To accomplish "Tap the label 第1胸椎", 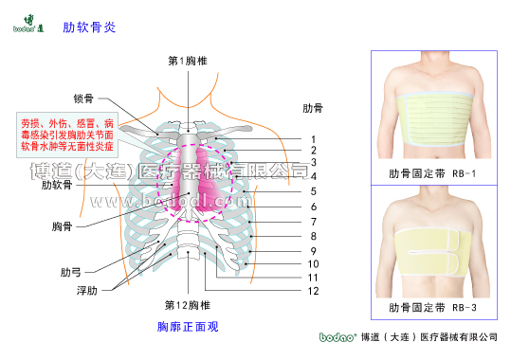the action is tap(188, 61).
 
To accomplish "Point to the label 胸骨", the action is tap(63, 226).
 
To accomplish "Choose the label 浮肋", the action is tap(85, 290).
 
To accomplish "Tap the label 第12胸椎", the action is tap(187, 305).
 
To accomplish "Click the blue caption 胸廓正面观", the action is tap(188, 327).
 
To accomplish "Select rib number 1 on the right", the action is tap(312, 139).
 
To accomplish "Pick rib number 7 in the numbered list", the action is tap(312, 221).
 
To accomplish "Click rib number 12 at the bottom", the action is tap(312, 291).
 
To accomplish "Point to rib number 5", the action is tap(312, 192).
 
